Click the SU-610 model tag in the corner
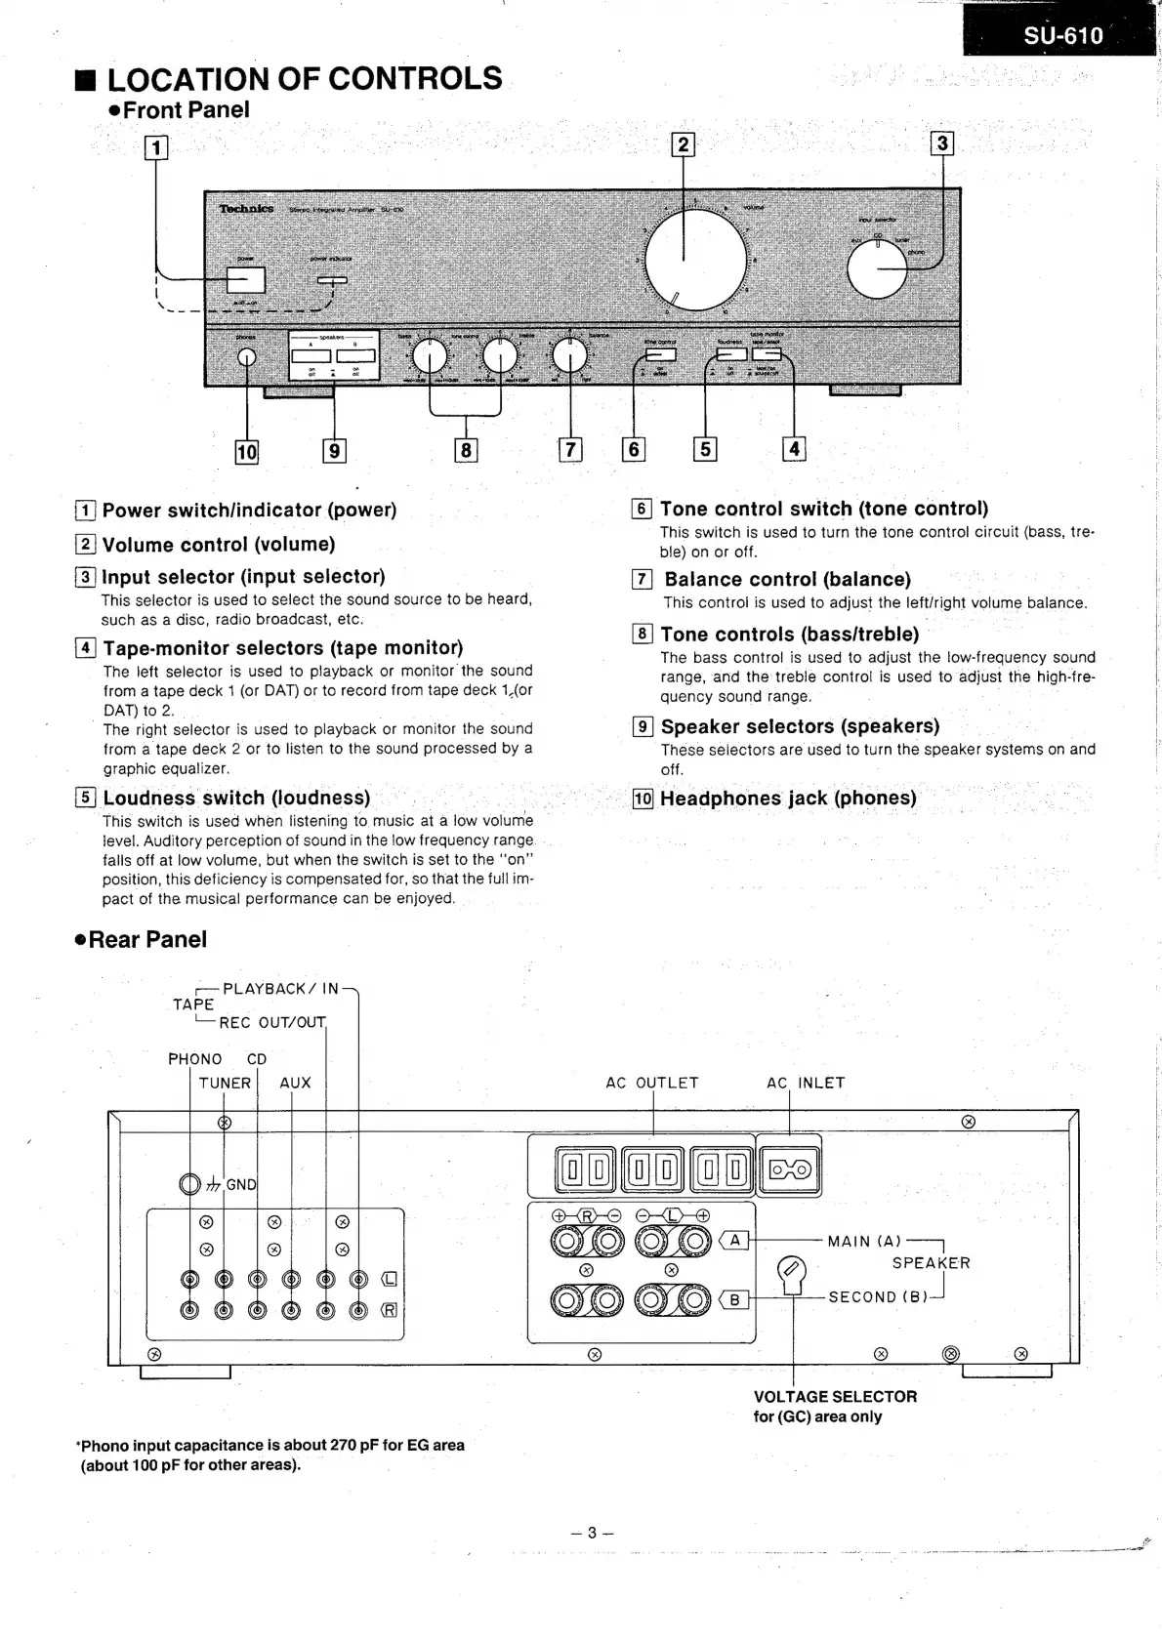pyautogui.click(x=1062, y=36)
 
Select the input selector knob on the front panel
pyautogui.click(x=877, y=268)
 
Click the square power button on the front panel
pyautogui.click(x=246, y=280)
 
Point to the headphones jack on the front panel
pyautogui.click(x=247, y=357)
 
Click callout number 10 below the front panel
pyautogui.click(x=247, y=452)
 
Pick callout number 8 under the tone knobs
pyautogui.click(x=466, y=450)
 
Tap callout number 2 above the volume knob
pyautogui.click(x=683, y=144)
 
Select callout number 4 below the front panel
pyautogui.click(x=794, y=449)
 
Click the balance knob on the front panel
pyautogui.click(x=569, y=357)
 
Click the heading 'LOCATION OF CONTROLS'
pyautogui.click(x=304, y=79)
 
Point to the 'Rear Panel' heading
pyautogui.click(x=146, y=939)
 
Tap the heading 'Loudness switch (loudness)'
pyautogui.click(x=236, y=798)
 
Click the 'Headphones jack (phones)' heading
pyautogui.click(x=787, y=799)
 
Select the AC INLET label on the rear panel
pyautogui.click(x=806, y=1083)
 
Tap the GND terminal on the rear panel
pyautogui.click(x=190, y=1184)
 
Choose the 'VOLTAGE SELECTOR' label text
pyautogui.click(x=835, y=1397)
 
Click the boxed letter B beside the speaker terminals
pyautogui.click(x=734, y=1300)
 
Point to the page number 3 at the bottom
pyautogui.click(x=592, y=1533)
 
